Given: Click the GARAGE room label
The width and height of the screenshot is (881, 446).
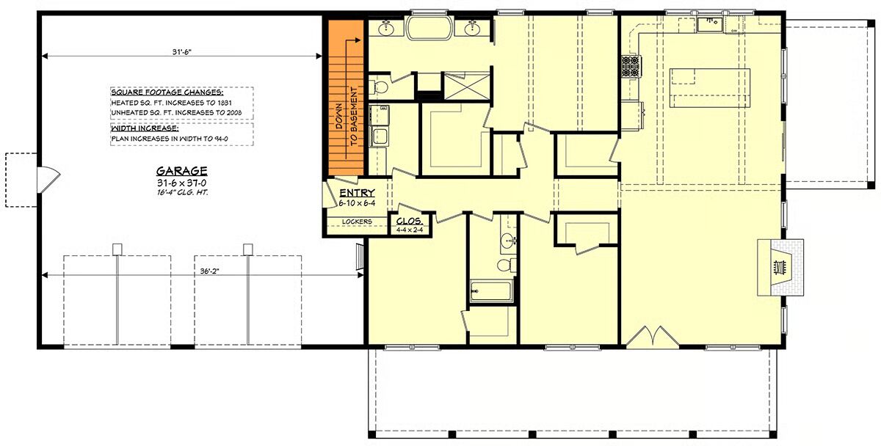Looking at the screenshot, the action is tap(182, 171).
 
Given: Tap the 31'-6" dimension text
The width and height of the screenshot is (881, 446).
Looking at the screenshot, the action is tap(182, 51).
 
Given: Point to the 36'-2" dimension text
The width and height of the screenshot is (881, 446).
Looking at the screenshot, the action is tap(209, 271).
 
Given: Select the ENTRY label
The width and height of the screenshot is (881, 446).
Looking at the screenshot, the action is tap(357, 193).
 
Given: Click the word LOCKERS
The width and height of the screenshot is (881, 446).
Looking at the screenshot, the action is tap(357, 222).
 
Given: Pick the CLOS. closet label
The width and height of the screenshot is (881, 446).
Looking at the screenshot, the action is tap(410, 222).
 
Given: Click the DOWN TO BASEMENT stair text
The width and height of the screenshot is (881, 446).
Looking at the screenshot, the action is tap(347, 117).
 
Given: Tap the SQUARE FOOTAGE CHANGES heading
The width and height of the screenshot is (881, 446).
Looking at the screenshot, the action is tap(167, 92).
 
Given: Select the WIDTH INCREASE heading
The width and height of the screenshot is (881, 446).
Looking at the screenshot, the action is tap(145, 128).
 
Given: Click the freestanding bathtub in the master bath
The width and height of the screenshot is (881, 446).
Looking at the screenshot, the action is tap(429, 28).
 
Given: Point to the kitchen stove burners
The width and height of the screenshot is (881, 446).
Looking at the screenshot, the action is tap(631, 66).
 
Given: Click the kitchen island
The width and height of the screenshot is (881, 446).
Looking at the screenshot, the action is tap(710, 88).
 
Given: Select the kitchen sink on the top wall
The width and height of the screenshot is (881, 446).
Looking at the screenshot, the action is tap(711, 24).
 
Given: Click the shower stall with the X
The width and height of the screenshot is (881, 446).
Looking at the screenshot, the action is tap(467, 86).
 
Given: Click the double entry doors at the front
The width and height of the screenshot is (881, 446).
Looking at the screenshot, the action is tap(653, 337).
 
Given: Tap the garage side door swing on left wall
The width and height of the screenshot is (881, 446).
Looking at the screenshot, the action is tap(48, 180).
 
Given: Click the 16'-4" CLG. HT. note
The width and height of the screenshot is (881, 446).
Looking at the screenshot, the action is tap(182, 193).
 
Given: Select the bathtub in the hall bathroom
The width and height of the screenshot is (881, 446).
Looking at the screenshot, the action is tap(492, 291).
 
